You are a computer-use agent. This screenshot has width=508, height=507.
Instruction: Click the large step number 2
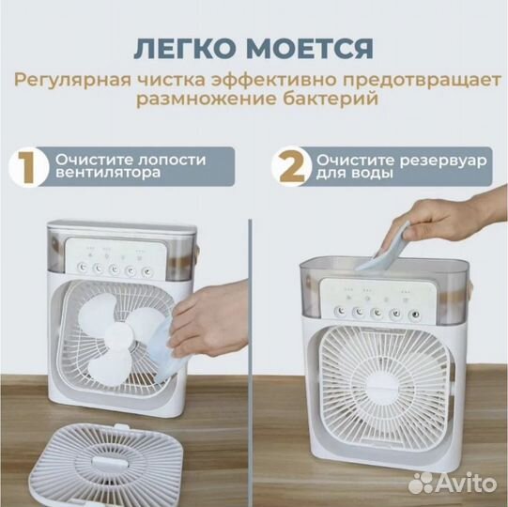click(291, 167)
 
